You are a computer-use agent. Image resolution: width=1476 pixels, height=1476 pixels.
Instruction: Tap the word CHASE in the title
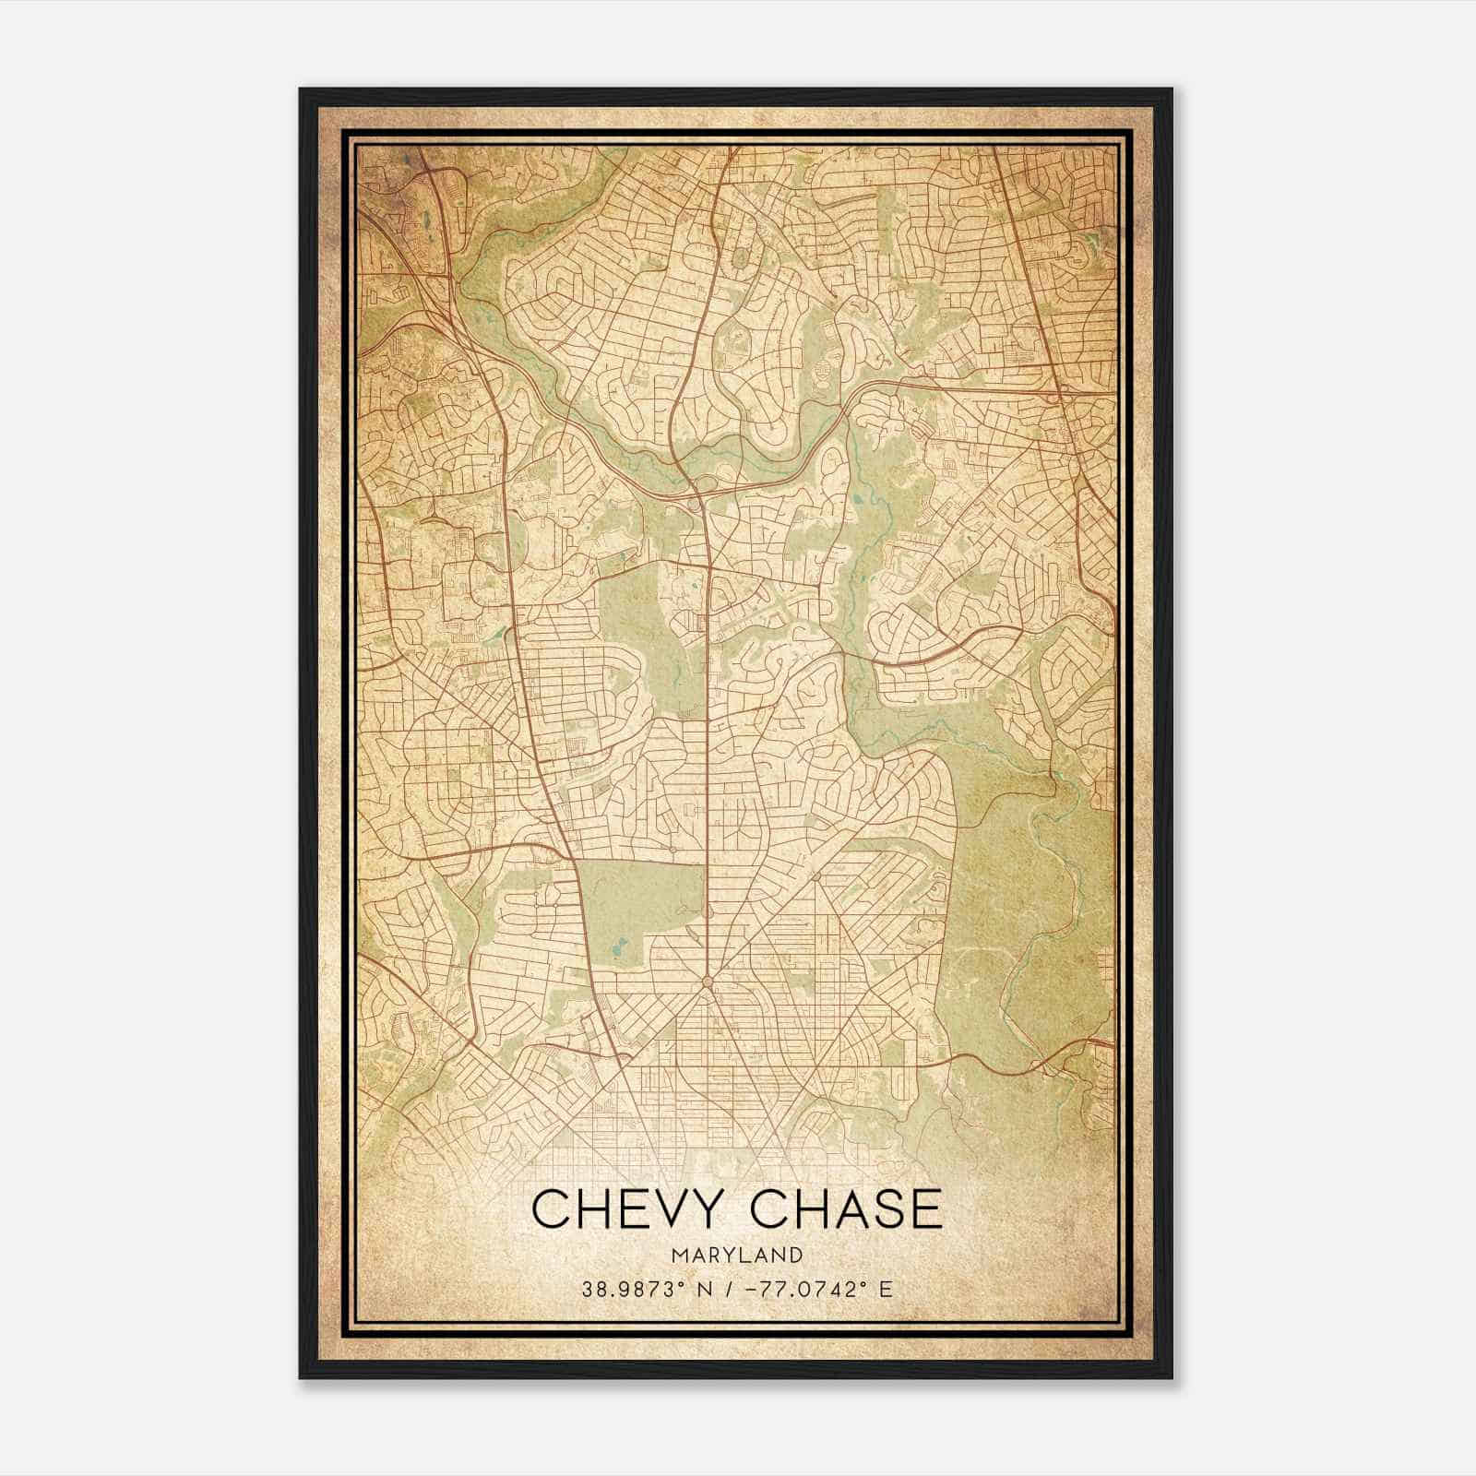pyautogui.click(x=848, y=1209)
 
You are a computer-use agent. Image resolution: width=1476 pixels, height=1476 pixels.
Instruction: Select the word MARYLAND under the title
pyautogui.click(x=738, y=1255)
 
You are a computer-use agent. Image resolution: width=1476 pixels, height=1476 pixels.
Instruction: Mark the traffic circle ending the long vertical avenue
pyautogui.click(x=707, y=983)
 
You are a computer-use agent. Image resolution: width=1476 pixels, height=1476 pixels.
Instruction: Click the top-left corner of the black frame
pyautogui.click(x=302, y=90)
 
